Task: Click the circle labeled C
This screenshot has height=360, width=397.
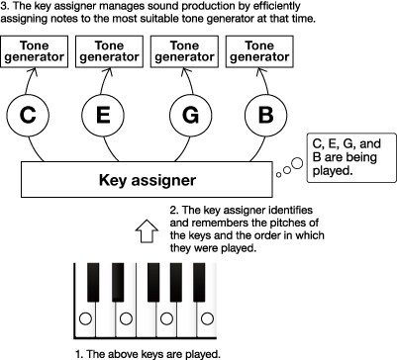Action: pos(28,115)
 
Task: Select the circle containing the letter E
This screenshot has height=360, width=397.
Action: pos(103,115)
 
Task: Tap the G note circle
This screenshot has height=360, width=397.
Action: pos(190,115)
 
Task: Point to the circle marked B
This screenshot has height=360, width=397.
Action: pos(265,115)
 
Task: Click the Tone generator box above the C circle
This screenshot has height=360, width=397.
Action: pos(34,51)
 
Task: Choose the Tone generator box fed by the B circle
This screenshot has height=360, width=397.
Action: pos(259,51)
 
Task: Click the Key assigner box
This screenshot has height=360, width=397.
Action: pos(147,180)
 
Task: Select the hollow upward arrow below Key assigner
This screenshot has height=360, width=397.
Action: pos(147,231)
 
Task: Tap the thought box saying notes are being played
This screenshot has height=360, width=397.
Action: pos(351,157)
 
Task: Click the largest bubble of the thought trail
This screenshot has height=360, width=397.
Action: pos(297,163)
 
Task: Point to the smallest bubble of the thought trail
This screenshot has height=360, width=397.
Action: pos(279,175)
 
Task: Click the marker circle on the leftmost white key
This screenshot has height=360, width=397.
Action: pos(85,318)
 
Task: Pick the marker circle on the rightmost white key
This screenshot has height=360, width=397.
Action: pos(207,318)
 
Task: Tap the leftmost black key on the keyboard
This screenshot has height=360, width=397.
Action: pos(93,282)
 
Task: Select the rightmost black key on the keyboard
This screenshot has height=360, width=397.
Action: pos(199,282)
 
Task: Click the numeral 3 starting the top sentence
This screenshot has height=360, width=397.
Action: pos(3,6)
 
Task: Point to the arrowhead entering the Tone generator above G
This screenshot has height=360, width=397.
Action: pos(184,70)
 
